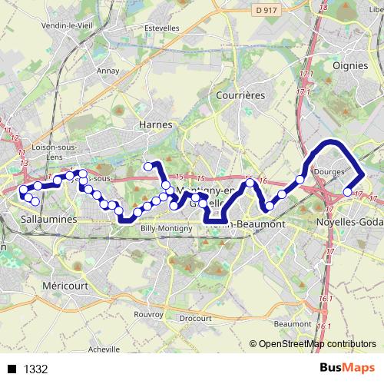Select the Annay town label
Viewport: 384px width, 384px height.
(x=107, y=71)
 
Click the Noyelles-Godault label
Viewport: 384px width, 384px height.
(x=349, y=222)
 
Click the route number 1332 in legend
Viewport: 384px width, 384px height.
(x=36, y=369)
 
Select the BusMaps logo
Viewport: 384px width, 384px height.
(x=348, y=369)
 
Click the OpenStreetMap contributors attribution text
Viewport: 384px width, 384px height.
(x=317, y=345)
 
